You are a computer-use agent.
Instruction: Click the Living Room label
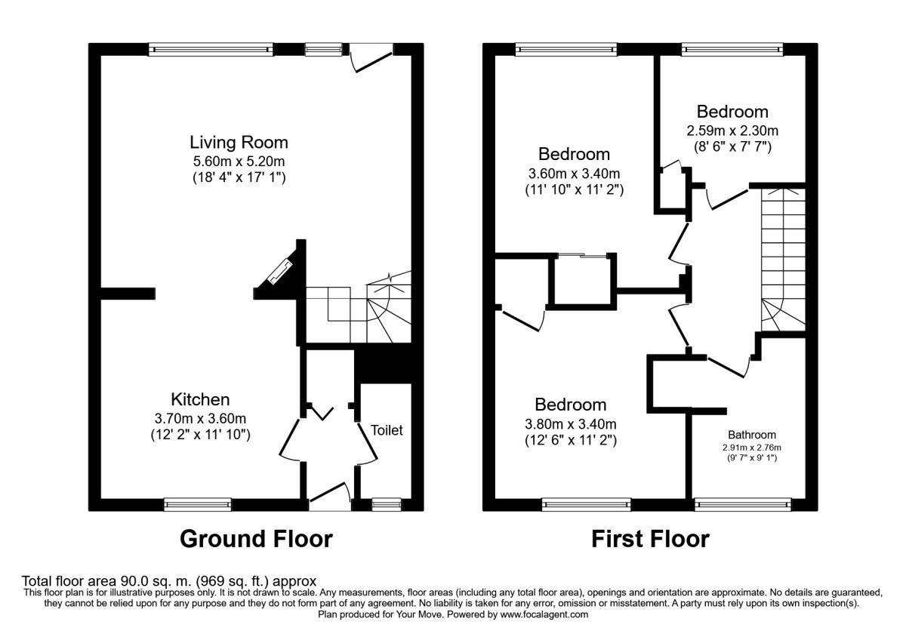click(x=239, y=143)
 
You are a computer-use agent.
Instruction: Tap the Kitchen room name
click(x=200, y=399)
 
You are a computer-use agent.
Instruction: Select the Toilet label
click(x=387, y=430)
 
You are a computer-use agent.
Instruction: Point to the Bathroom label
click(x=752, y=435)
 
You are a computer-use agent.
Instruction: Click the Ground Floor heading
click(x=256, y=539)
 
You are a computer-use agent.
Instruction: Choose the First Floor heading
click(x=650, y=539)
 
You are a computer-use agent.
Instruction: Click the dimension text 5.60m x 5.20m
click(x=239, y=162)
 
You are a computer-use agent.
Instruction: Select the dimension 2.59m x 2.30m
click(x=732, y=131)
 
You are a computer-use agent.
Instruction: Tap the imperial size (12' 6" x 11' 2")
click(x=571, y=440)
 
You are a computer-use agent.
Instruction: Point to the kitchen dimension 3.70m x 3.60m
click(x=200, y=418)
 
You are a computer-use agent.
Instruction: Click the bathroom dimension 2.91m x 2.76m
click(x=752, y=448)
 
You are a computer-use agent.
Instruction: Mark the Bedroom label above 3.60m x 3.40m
click(x=574, y=155)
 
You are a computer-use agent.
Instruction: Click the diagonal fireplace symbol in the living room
click(x=281, y=271)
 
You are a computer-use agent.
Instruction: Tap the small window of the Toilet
click(x=387, y=504)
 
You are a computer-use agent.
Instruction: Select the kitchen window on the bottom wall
click(x=198, y=504)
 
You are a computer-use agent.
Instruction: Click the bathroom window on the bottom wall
click(x=743, y=504)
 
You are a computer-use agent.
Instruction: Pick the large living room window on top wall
click(x=211, y=49)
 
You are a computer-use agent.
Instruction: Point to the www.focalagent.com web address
click(x=544, y=614)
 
